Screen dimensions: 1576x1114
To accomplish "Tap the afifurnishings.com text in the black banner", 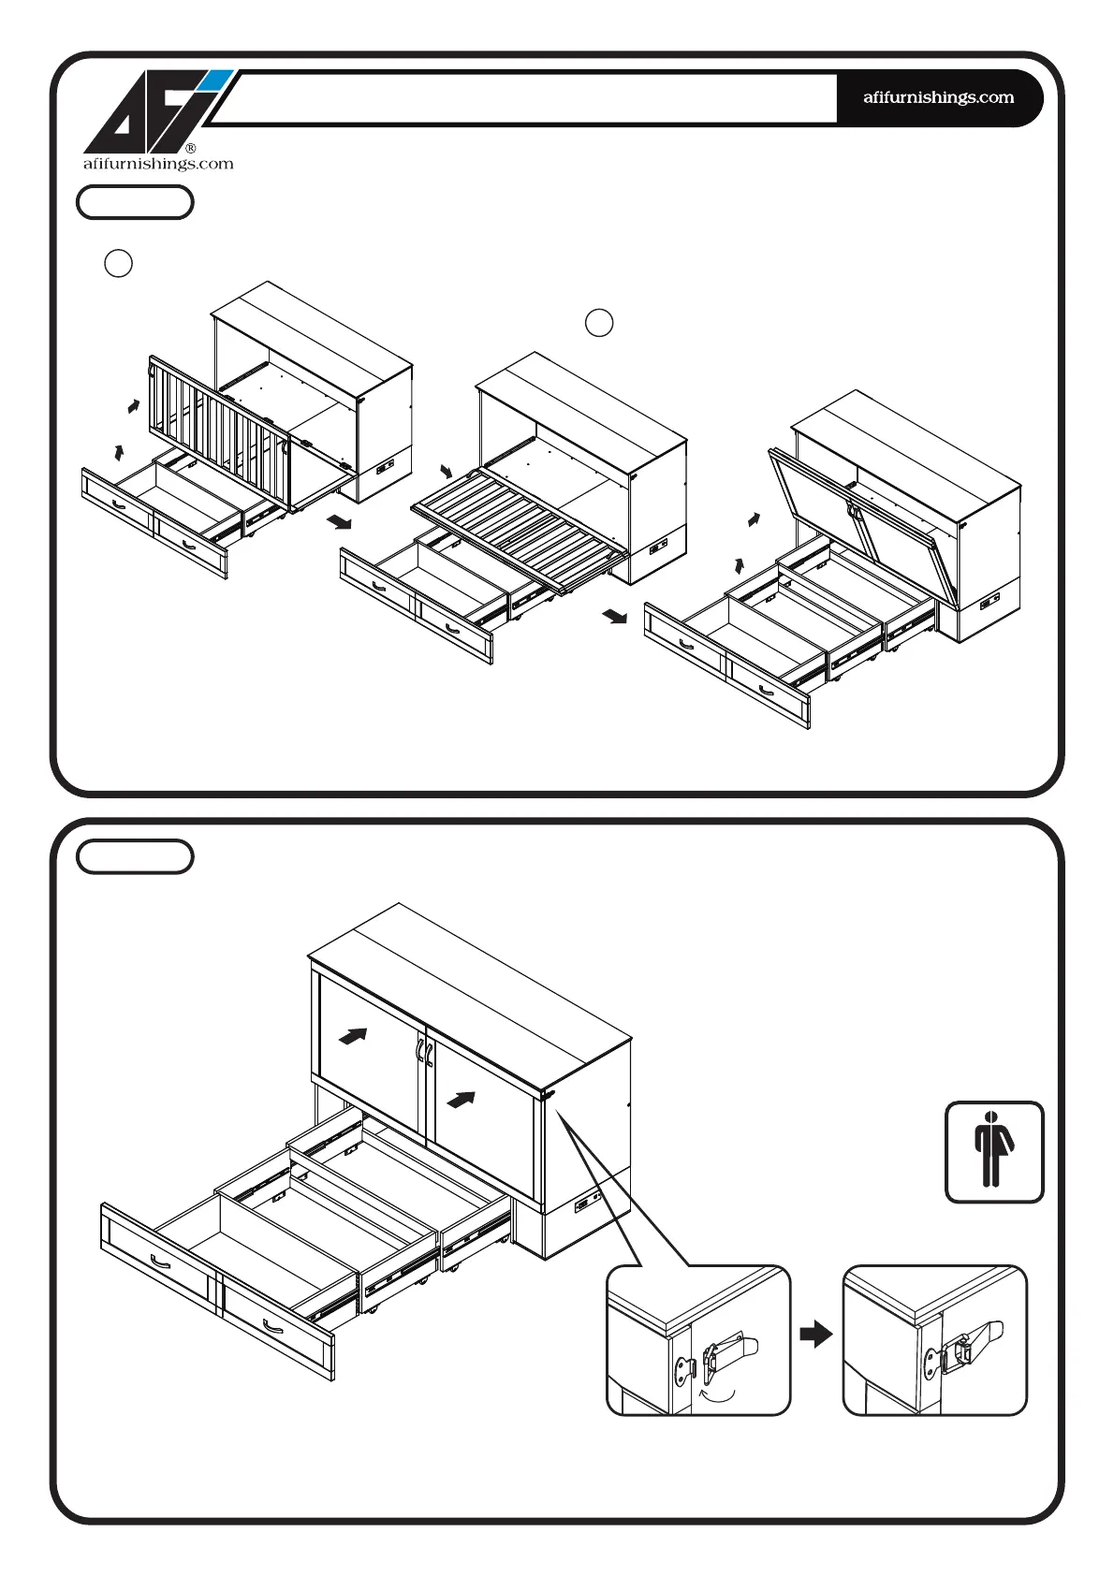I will point(938,97).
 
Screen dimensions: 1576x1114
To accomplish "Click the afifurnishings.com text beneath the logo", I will point(158,164).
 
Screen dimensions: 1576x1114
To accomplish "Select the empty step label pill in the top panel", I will point(135,202).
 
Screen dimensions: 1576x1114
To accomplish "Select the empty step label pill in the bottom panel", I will point(135,856).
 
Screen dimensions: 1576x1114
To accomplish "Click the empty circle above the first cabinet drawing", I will point(118,264).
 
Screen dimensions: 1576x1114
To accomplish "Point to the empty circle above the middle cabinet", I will point(599,323).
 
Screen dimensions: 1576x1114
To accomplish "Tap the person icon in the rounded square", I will point(993,1151).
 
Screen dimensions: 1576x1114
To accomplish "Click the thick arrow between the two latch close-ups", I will point(816,1334).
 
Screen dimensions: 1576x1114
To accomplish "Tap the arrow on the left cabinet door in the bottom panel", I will point(353,1036).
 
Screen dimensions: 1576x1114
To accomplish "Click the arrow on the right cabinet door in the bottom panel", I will point(461,1099).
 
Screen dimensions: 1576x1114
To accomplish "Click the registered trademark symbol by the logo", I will point(191,148).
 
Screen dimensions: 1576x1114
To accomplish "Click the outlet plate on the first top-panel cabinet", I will point(385,467).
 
